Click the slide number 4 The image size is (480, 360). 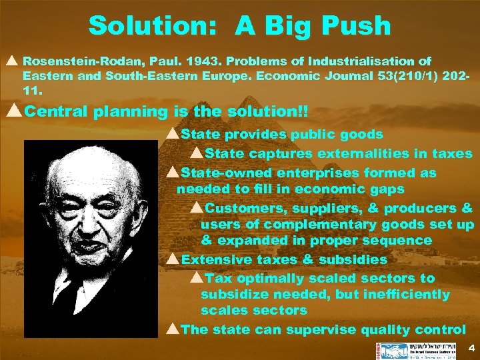[x=471, y=348]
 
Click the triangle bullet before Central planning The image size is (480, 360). [x=13, y=111]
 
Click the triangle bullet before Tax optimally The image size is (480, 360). [x=197, y=278]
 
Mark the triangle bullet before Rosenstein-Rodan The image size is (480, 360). [x=13, y=60]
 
